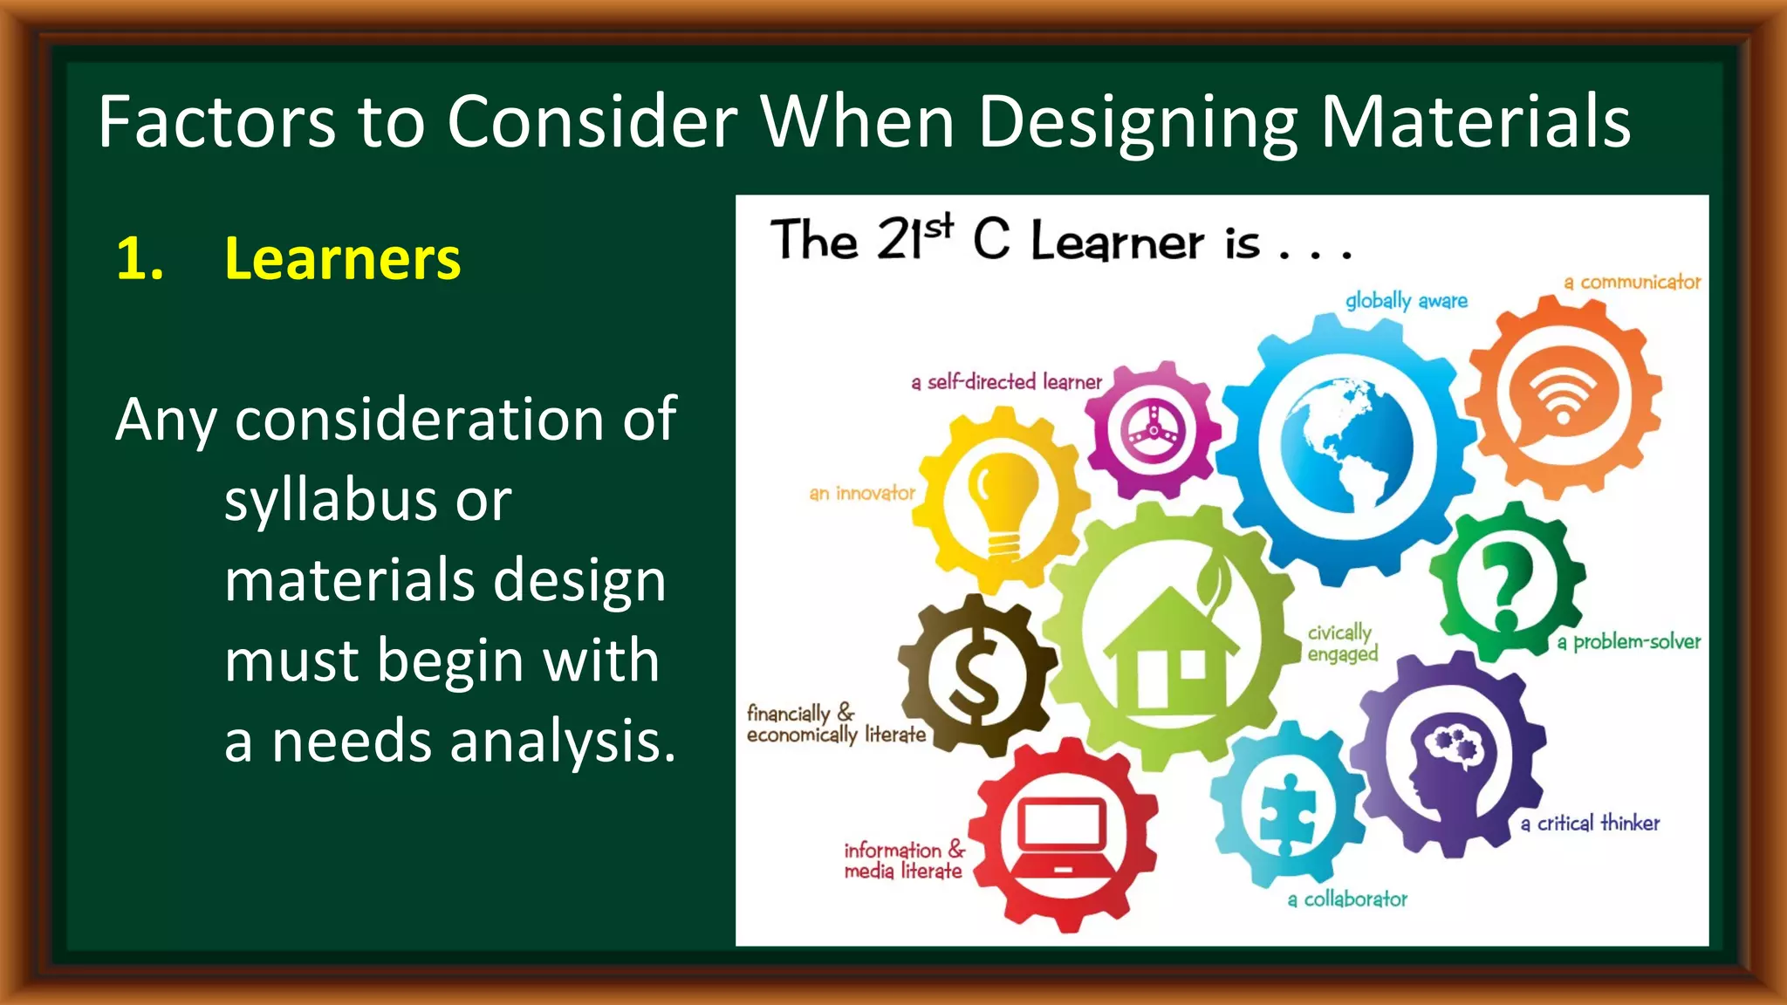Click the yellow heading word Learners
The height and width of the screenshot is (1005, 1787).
(x=342, y=259)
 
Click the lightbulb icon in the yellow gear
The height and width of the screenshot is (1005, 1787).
(x=1003, y=505)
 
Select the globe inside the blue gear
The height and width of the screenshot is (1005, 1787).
(x=1347, y=448)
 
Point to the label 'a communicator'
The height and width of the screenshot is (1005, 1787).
(x=1632, y=283)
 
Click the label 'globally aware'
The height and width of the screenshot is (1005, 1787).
(x=1406, y=301)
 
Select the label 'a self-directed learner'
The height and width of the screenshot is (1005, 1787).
(x=1006, y=382)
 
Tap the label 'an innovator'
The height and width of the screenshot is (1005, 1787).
(x=862, y=494)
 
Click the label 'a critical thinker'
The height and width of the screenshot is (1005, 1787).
(x=1590, y=824)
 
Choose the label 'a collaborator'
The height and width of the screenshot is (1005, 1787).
(x=1347, y=899)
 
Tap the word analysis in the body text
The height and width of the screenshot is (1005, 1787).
(x=562, y=742)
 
